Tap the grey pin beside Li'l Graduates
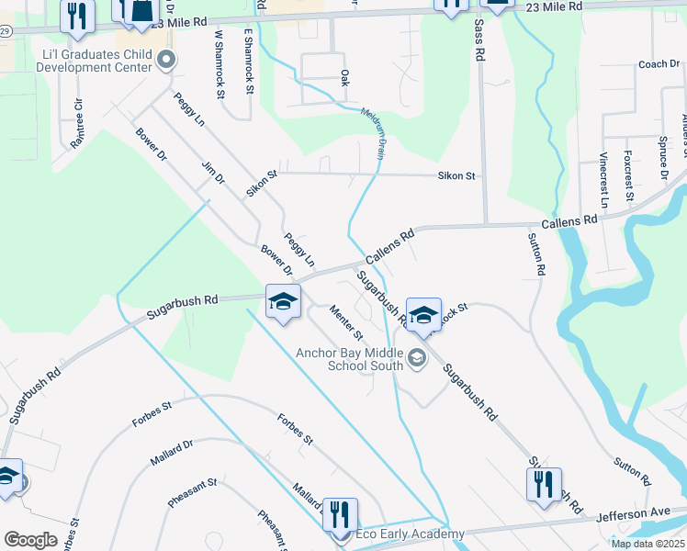coord(166,62)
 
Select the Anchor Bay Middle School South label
coord(349,358)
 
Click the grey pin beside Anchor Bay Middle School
coord(417,358)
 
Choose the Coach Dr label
coord(658,64)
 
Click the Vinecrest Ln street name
coord(604,177)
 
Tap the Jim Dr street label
coord(213,172)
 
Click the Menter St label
coord(346,320)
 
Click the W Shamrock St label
coord(220,55)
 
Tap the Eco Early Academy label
coord(399,534)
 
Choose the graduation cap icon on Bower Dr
coord(283,301)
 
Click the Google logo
coord(30,539)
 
